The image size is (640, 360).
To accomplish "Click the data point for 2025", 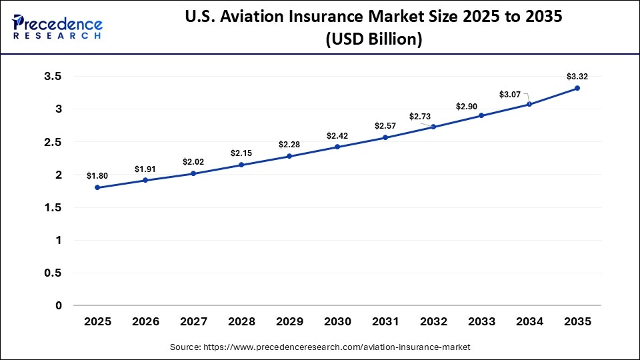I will (97, 187).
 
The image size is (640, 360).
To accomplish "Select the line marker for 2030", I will (337, 147).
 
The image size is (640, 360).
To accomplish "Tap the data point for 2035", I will (577, 88).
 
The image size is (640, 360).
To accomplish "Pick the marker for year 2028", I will (241, 165).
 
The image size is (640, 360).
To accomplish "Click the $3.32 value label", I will (577, 76).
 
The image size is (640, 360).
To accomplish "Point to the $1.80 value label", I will (97, 175).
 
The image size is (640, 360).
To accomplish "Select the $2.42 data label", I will (337, 135).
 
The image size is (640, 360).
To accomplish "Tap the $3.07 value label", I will (510, 95).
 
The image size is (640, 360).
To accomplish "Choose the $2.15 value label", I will (241, 153).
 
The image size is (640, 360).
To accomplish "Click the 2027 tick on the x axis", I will (193, 321).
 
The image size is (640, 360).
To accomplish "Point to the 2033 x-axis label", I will (481, 321).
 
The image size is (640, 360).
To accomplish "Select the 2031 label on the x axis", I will (385, 321).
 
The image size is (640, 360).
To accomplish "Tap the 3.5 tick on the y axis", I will (53, 77).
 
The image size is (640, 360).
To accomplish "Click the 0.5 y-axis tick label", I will (53, 273).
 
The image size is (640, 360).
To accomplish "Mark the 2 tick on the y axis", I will (59, 175).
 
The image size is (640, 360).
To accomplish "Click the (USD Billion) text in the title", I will (373, 39).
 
